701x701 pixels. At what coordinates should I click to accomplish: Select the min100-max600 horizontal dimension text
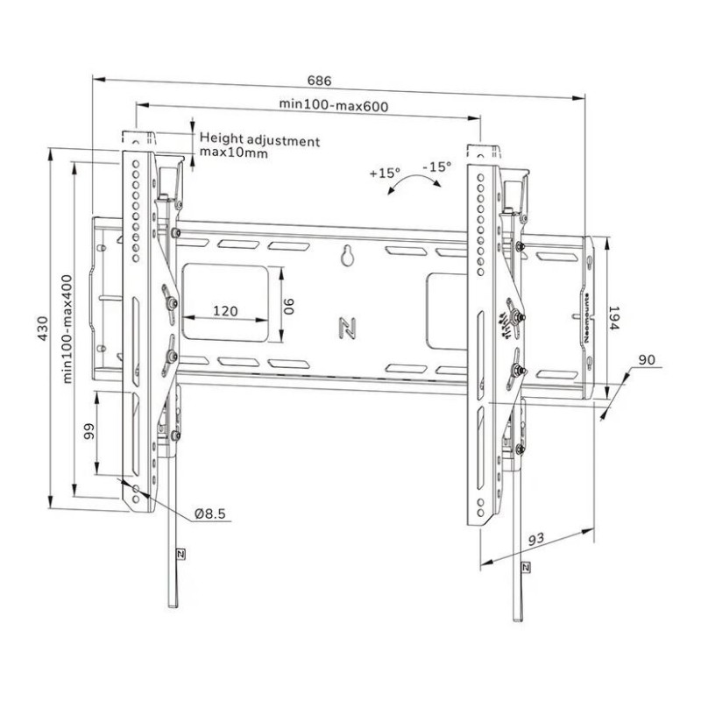tap(334, 105)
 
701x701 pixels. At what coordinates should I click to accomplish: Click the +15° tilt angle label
tap(384, 173)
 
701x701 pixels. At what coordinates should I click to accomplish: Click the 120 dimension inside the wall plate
tap(226, 311)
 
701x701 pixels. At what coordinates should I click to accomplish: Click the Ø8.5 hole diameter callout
tap(211, 512)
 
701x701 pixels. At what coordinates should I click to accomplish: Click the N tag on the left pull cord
tap(180, 554)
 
